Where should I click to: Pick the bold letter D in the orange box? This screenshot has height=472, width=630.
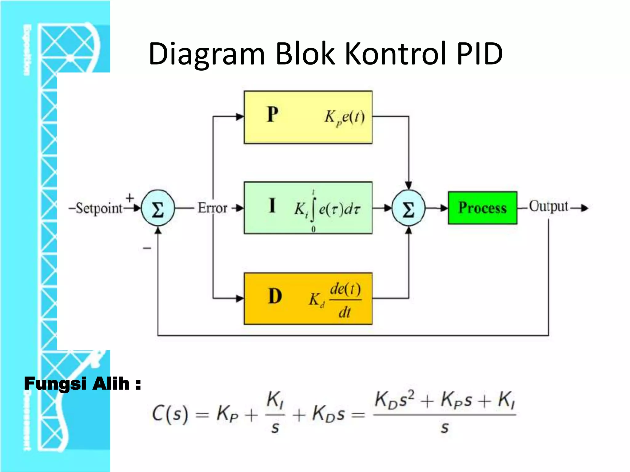pyautogui.click(x=275, y=297)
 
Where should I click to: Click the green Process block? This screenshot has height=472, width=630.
pyautogui.click(x=482, y=208)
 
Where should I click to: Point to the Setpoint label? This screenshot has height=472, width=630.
pyautogui.click(x=99, y=208)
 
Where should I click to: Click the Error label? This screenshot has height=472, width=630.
pyautogui.click(x=212, y=208)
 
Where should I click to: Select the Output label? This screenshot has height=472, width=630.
pyautogui.click(x=548, y=206)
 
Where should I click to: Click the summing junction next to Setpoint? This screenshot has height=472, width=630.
pyautogui.click(x=158, y=209)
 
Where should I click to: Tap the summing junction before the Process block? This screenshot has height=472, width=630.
pyautogui.click(x=409, y=209)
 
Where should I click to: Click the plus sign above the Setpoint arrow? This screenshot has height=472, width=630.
pyautogui.click(x=130, y=198)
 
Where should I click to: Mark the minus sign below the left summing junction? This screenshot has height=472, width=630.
pyautogui.click(x=147, y=248)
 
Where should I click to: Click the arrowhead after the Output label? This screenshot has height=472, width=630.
pyautogui.click(x=584, y=208)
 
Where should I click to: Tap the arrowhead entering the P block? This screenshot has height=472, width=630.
pyautogui.click(x=240, y=116)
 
